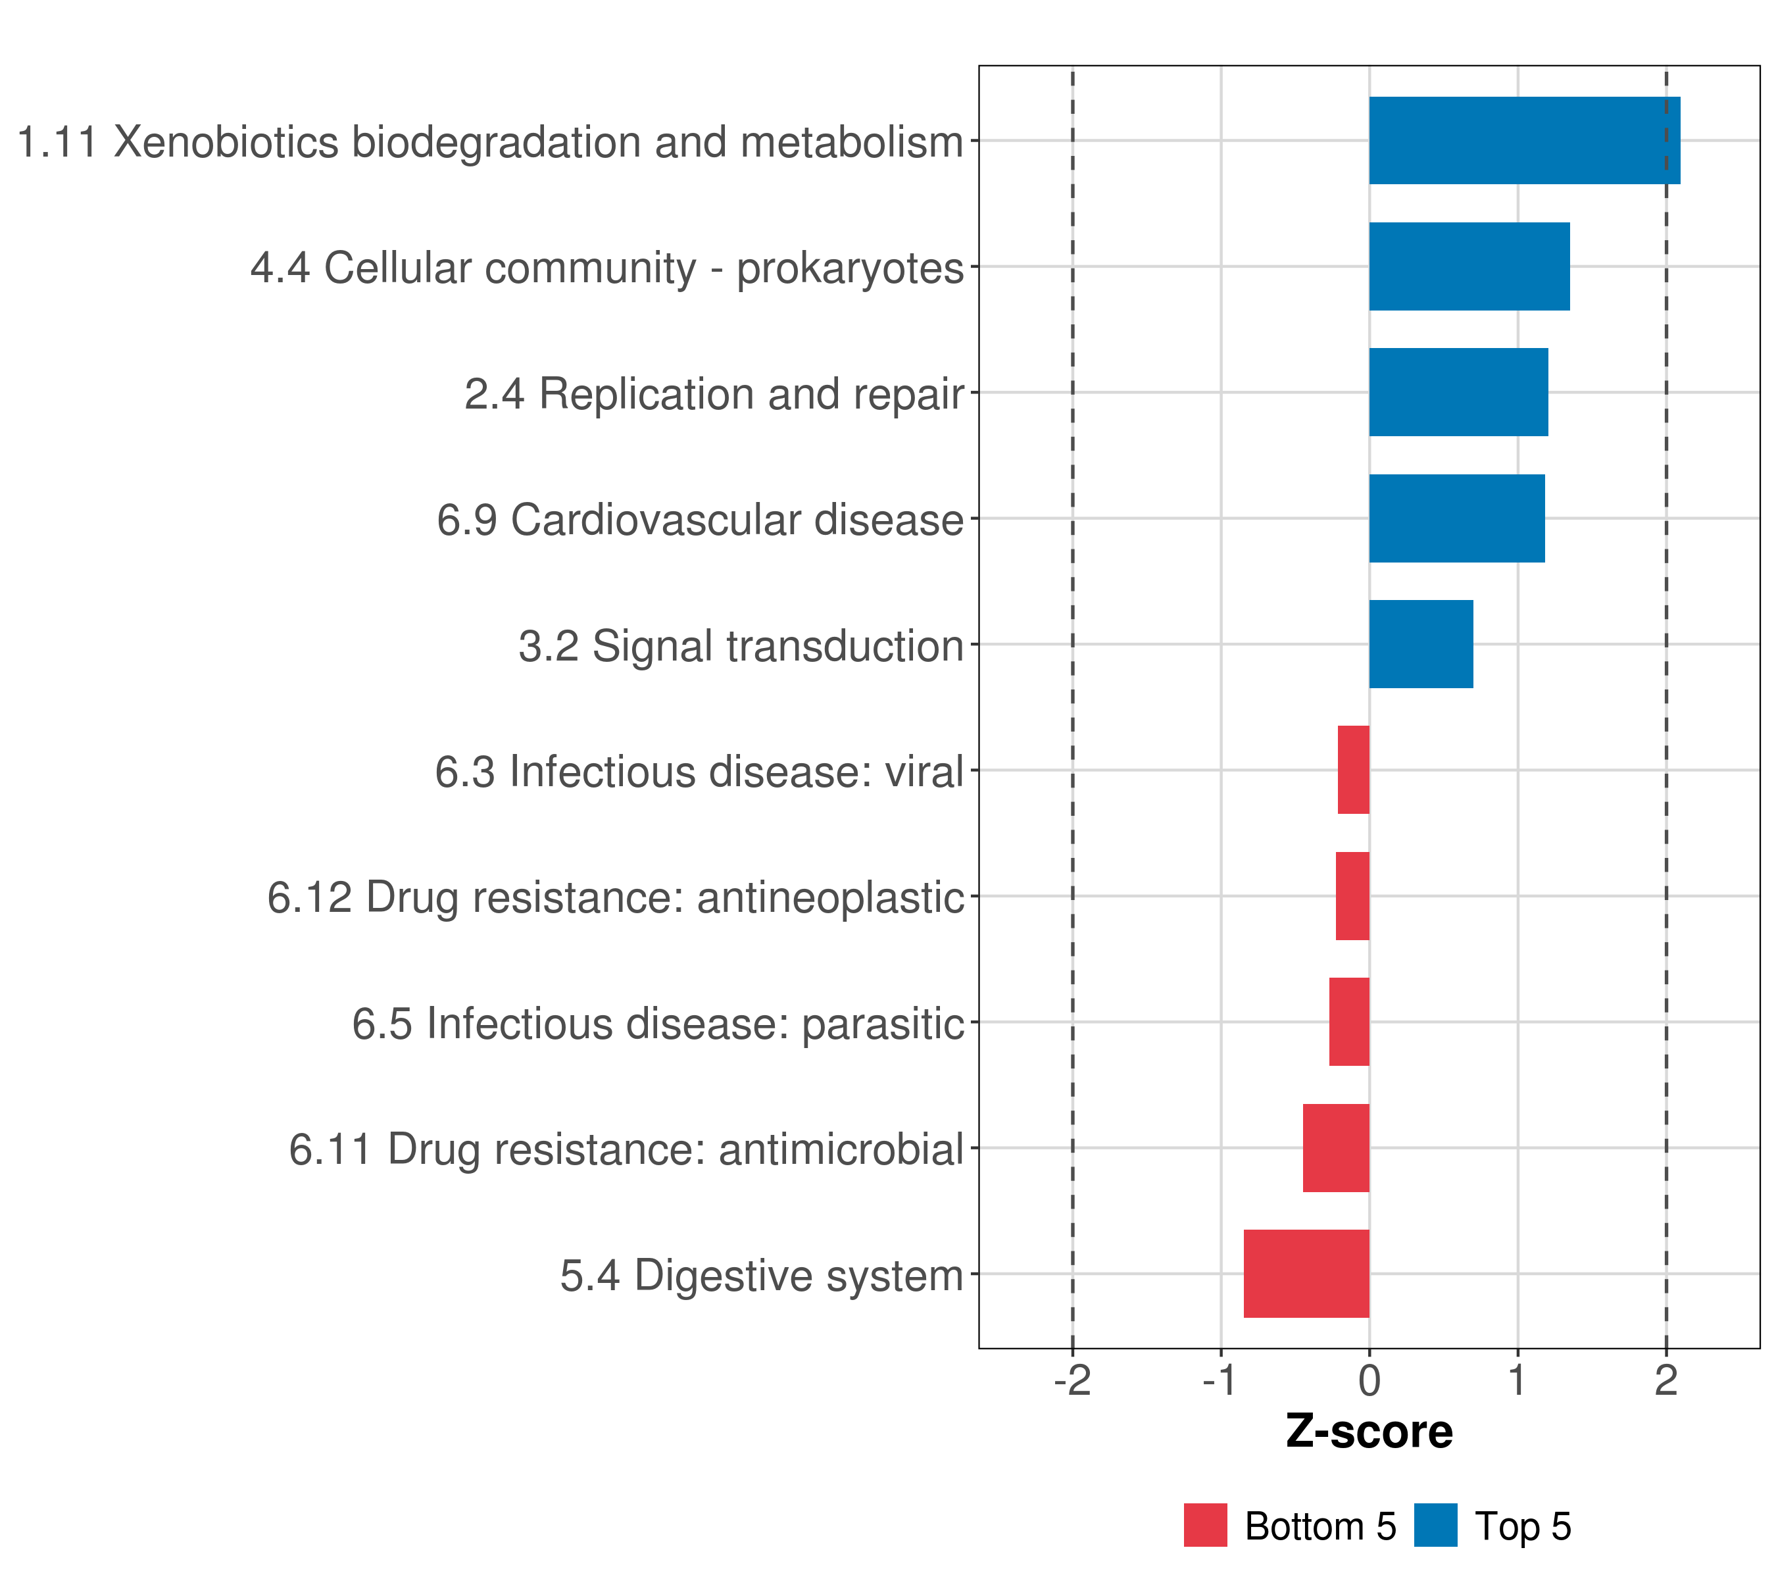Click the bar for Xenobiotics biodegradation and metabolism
[1524, 140]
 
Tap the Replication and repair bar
[1458, 392]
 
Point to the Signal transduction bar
[1421, 644]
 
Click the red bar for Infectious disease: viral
[1353, 770]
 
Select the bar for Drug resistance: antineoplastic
[1352, 896]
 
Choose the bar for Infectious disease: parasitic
[1348, 1022]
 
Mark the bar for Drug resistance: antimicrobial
[1335, 1148]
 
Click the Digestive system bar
[1306, 1274]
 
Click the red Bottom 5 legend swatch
[1205, 1525]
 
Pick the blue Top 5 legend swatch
[1435, 1525]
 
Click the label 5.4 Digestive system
[761, 1276]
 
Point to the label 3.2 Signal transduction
[740, 645]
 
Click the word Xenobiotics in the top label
[226, 141]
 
